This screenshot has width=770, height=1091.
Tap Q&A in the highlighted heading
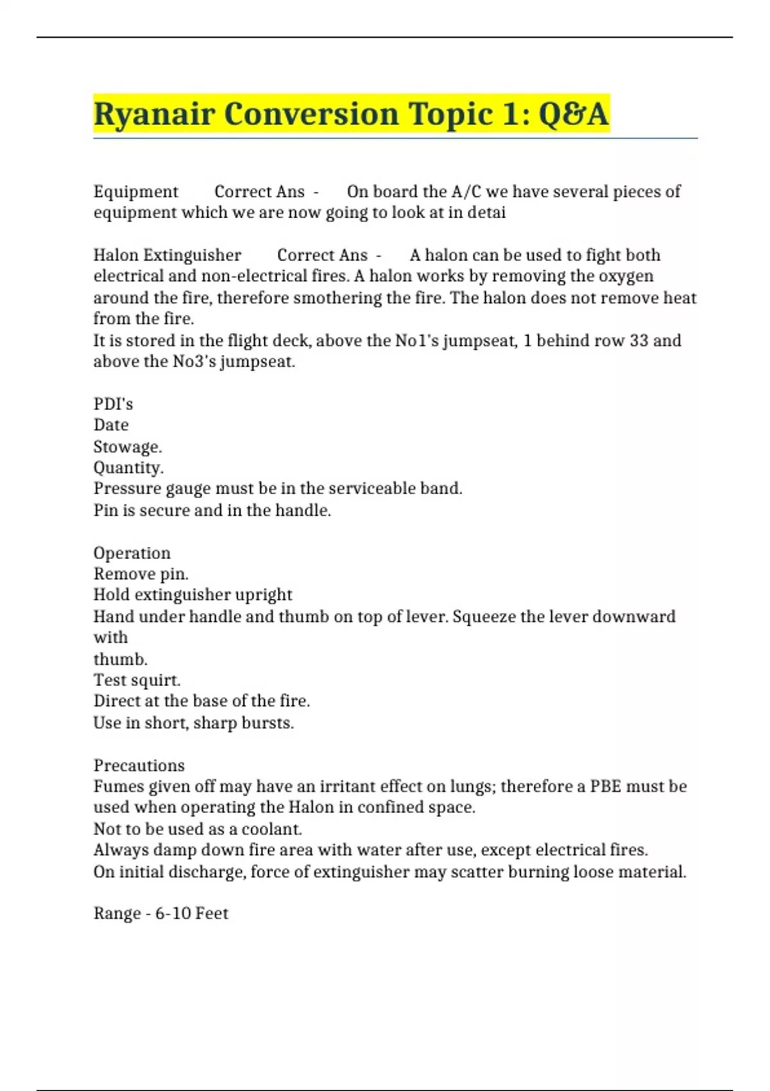point(573,114)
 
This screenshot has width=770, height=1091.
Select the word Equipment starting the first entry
point(135,192)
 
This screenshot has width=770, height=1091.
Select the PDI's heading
point(113,404)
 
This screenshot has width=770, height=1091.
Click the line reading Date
point(111,425)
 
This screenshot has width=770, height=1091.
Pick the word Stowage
point(127,447)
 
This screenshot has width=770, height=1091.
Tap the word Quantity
point(128,468)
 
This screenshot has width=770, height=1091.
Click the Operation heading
point(132,553)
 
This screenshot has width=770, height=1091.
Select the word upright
point(264,595)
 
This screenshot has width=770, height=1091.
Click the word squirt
point(159,680)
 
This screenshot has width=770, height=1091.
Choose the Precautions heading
point(139,766)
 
